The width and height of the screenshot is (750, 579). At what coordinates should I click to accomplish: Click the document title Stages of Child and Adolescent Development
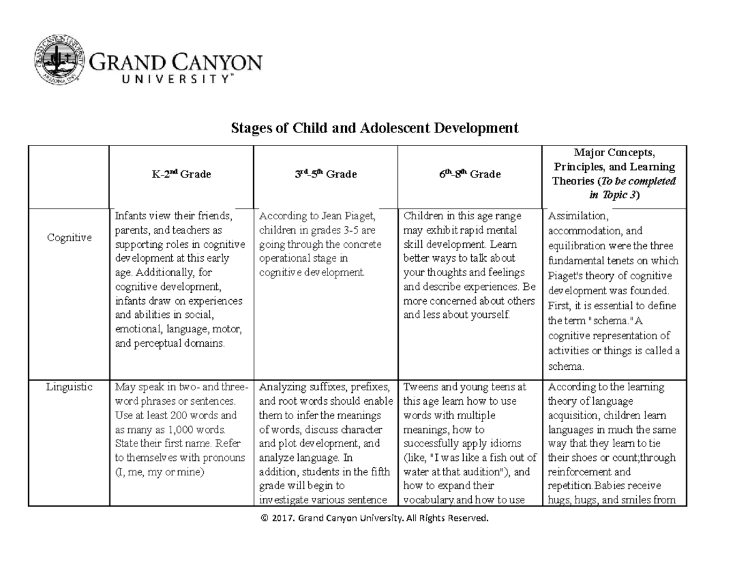pos(374,129)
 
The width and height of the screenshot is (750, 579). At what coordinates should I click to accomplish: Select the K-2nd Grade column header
pos(181,175)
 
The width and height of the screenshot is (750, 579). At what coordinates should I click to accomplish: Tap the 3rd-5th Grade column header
pos(325,175)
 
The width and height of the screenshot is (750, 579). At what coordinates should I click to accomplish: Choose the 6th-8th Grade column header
pos(469,175)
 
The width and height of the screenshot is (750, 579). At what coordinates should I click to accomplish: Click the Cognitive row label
pos(69,237)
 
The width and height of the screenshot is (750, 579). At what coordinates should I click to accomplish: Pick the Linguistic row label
pos(69,387)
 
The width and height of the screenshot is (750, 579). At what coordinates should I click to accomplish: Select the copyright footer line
pos(374,518)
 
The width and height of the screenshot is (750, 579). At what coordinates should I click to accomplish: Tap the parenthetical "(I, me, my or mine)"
pos(159,472)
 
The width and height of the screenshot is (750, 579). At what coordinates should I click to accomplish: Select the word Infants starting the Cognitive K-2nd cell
pos(131,217)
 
